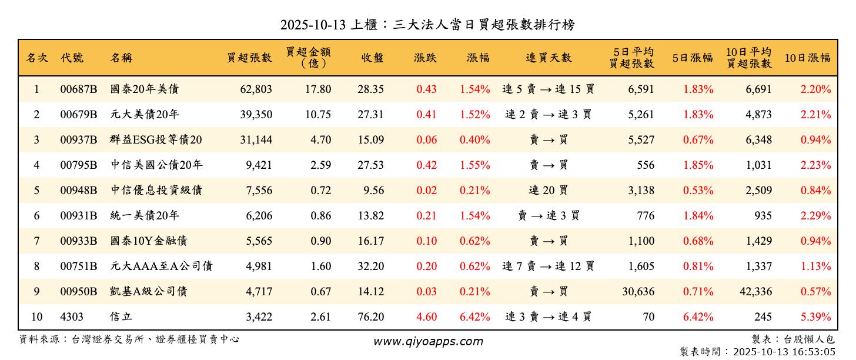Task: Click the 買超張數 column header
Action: click(x=250, y=58)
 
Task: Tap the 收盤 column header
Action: click(x=372, y=58)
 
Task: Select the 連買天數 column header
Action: click(x=549, y=58)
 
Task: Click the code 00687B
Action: click(x=78, y=89)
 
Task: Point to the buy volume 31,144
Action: click(x=256, y=140)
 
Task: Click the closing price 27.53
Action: click(x=371, y=165)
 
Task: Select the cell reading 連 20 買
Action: click(x=549, y=191)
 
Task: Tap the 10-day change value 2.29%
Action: click(x=815, y=216)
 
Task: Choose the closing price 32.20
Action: click(x=371, y=266)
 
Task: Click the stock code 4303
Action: click(x=71, y=317)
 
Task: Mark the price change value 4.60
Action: click(x=426, y=317)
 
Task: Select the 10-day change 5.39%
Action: click(x=815, y=317)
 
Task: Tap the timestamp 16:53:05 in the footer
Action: click(x=814, y=352)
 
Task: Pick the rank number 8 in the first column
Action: click(x=36, y=266)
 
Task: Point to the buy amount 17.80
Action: click(x=318, y=89)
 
